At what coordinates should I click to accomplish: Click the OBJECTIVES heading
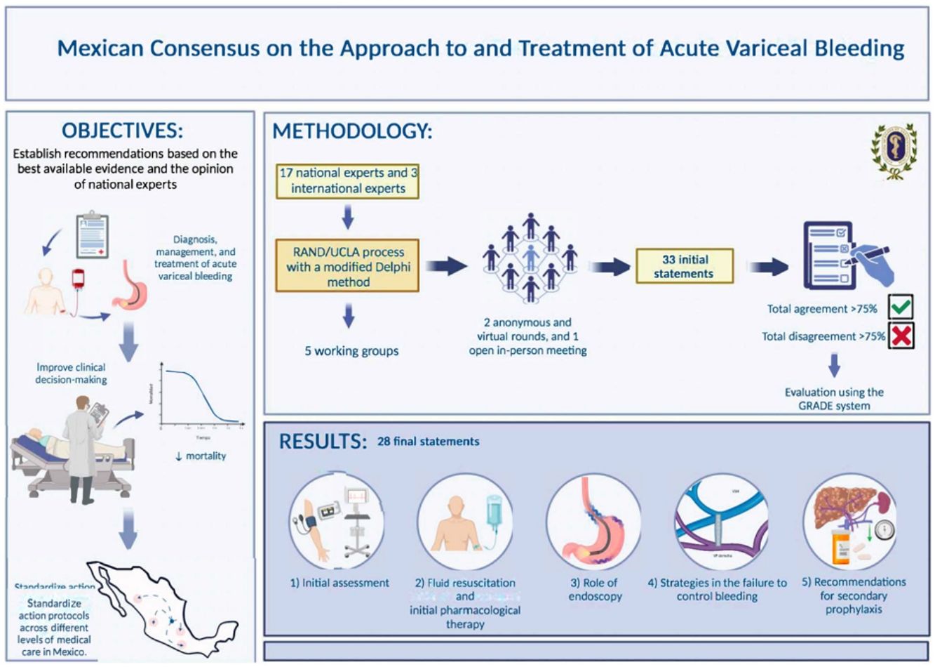[x=123, y=131]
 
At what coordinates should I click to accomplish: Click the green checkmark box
[x=901, y=308]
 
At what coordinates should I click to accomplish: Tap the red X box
[x=901, y=336]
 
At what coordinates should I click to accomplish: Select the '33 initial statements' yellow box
[x=684, y=266]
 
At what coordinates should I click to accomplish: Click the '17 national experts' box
[x=348, y=180]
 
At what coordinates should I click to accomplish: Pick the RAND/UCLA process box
[x=348, y=267]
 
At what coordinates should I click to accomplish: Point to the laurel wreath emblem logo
[x=893, y=150]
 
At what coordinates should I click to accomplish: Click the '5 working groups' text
[x=351, y=350]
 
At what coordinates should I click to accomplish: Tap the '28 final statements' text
[x=429, y=442]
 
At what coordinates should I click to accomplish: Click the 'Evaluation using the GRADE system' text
[x=834, y=399]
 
